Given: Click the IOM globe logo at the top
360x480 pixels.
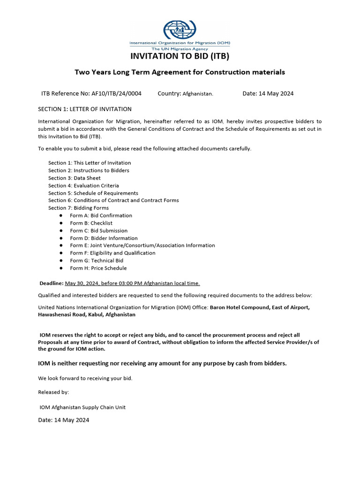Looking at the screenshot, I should [x=180, y=30].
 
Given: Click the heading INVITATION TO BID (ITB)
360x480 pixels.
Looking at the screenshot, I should [x=180, y=57].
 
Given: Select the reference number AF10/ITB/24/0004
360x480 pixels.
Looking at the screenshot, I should [x=115, y=94].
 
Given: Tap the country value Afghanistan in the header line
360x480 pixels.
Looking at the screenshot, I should [x=197, y=94].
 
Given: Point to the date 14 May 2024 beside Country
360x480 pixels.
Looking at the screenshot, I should [x=276, y=94].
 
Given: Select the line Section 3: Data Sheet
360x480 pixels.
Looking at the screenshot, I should [x=74, y=178].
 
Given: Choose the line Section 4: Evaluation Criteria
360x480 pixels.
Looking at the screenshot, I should [x=83, y=186].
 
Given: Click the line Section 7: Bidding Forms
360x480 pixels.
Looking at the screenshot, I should [x=78, y=208].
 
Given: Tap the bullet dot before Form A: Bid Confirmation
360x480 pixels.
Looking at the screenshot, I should [x=61, y=216].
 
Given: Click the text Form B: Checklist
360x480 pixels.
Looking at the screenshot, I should [x=91, y=223].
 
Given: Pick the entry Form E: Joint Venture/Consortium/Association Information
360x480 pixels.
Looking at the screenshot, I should [x=142, y=246].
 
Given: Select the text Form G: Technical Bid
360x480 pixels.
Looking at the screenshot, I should [x=97, y=261].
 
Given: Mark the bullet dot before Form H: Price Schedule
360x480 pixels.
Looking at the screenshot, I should [x=61, y=268].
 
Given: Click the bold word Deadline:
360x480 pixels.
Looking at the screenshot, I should [x=51, y=283].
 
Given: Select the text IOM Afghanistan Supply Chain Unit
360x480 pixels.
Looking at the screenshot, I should [x=82, y=407].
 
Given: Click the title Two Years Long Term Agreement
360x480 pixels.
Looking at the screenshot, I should [x=138, y=72].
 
